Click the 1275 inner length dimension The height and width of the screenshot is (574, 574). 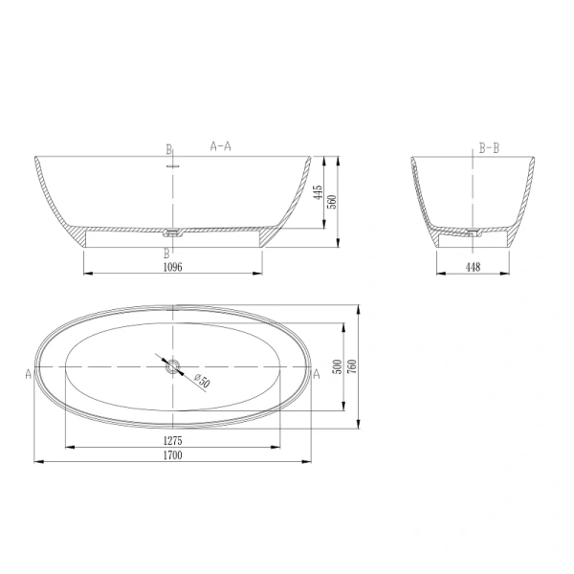click(x=173, y=440)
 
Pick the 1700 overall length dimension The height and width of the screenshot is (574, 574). click(x=173, y=455)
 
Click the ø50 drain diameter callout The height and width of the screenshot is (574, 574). click(x=202, y=382)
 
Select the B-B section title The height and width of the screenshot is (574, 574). click(x=488, y=148)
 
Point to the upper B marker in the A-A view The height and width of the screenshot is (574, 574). click(x=168, y=150)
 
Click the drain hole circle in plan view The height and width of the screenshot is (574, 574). click(x=173, y=365)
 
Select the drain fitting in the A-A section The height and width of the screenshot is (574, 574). click(x=173, y=232)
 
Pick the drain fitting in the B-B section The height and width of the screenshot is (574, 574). click(x=472, y=232)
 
